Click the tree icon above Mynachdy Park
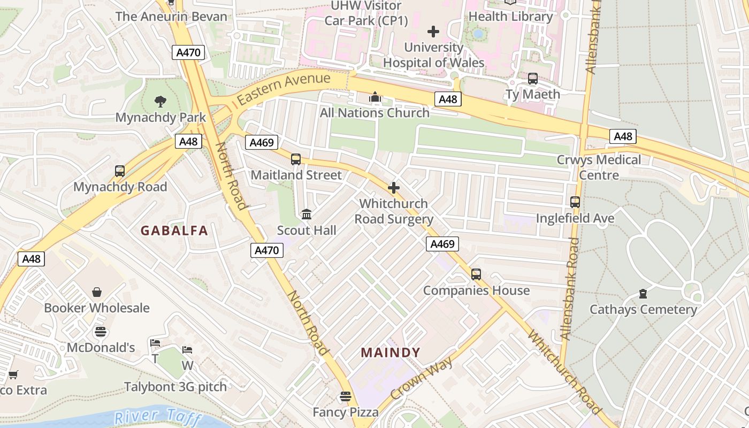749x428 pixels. [159, 101]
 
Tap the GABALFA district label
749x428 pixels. [174, 231]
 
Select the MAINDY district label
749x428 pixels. [391, 353]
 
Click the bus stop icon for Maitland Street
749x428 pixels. [296, 159]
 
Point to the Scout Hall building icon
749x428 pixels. [307, 215]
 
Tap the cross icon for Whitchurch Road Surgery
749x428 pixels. [394, 188]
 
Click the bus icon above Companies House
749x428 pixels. [476, 274]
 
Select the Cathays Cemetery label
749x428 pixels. [643, 310]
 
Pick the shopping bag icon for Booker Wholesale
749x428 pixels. [97, 292]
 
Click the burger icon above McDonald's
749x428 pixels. [101, 332]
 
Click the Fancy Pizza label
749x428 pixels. [346, 412]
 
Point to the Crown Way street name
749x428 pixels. [422, 379]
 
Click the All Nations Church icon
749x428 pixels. [374, 97]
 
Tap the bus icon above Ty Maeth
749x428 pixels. [533, 79]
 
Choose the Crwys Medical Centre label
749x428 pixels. [599, 167]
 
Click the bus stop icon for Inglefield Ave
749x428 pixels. [575, 202]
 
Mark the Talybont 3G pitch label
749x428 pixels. [175, 386]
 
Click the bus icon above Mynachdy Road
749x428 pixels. [120, 171]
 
